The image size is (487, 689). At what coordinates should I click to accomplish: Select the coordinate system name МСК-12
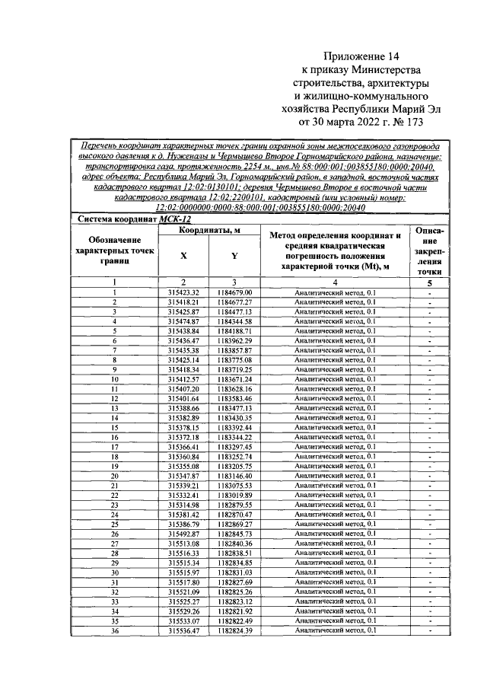[174, 219]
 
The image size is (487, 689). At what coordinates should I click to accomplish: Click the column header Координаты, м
[208, 230]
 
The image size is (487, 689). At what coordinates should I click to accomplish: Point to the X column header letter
[183, 257]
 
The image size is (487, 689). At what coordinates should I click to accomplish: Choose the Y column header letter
[234, 257]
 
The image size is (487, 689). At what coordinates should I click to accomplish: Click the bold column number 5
[430, 283]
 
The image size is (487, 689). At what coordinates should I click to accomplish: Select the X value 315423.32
[183, 292]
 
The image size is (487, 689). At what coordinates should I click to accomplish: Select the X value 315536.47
[183, 630]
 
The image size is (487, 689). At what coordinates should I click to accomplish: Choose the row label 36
[115, 630]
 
